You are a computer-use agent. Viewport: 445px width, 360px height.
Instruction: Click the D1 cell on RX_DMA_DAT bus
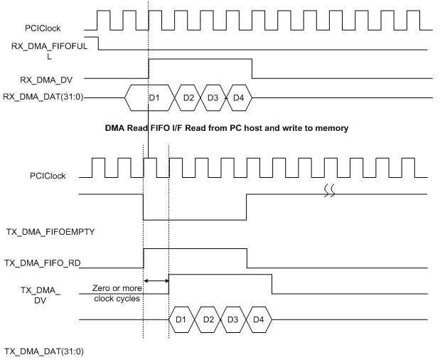[x=152, y=97]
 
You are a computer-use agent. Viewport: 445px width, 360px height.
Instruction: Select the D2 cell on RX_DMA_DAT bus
[x=188, y=97]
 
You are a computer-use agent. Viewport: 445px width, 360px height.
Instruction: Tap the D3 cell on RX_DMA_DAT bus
[x=213, y=97]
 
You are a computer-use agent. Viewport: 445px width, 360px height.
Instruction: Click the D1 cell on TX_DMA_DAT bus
[x=181, y=319]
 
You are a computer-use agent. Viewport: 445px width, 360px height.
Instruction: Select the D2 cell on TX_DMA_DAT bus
[x=208, y=319]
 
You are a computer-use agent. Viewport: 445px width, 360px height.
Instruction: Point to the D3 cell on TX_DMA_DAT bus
[x=234, y=319]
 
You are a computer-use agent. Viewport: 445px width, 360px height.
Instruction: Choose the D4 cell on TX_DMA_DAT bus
[x=259, y=319]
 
